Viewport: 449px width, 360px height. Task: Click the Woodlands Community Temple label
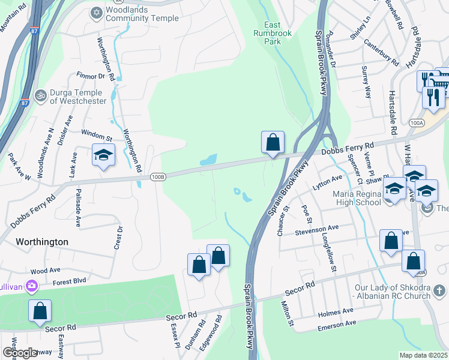142,14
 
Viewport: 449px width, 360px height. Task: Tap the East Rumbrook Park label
272,34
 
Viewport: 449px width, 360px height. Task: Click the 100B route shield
157,176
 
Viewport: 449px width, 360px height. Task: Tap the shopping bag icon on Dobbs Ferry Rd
273,143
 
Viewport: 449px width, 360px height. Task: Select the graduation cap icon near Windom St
103,155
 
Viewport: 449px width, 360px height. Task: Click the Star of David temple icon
96,13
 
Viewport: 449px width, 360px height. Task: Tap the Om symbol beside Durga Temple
41,95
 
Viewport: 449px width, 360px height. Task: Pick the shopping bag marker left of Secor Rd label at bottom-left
40,311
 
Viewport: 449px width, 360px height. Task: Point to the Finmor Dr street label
91,76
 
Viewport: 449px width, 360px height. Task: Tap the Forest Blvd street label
70,281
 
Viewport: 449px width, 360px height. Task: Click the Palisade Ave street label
78,208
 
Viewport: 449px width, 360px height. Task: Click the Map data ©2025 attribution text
423,355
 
